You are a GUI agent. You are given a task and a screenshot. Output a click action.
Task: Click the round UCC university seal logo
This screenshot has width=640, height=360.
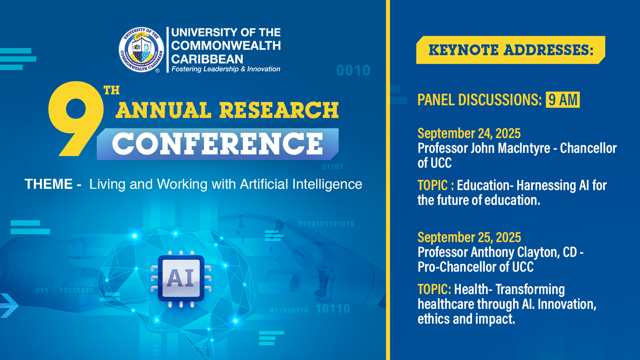[142, 50]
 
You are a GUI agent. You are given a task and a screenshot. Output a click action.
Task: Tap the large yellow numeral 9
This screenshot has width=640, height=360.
[76, 118]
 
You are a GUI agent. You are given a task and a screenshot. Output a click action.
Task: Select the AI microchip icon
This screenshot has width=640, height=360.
[181, 278]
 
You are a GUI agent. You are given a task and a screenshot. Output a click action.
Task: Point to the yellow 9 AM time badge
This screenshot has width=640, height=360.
[562, 100]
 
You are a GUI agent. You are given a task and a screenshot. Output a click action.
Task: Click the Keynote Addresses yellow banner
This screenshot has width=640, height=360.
[510, 50]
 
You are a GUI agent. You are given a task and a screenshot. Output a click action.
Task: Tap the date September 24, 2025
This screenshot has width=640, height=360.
[469, 134]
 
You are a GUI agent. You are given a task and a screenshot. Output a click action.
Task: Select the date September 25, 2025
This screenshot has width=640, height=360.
[469, 238]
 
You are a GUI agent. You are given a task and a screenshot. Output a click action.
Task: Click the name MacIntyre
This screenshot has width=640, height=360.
[524, 148]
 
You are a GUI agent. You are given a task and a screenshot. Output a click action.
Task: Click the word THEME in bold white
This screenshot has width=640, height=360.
[48, 184]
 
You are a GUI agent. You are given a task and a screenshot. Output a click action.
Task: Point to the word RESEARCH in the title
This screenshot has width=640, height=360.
[279, 110]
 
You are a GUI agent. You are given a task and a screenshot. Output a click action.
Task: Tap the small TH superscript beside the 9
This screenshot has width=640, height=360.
[112, 90]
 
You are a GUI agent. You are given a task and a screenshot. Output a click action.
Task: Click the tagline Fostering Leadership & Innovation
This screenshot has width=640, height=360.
[226, 69]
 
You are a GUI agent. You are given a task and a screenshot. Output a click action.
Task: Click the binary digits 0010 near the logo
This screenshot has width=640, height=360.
[354, 70]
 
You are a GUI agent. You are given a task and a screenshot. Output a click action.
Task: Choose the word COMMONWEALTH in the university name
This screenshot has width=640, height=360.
[226, 46]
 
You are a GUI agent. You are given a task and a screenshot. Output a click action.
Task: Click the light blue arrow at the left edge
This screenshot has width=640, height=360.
[8, 306]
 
